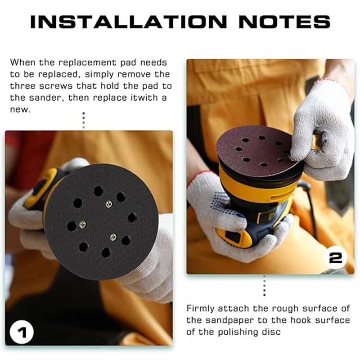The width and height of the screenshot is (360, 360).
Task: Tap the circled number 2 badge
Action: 336,258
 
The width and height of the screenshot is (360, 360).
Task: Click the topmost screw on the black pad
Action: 109,204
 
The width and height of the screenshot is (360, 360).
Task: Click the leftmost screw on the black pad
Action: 82,223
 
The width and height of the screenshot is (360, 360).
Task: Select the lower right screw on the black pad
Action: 113,237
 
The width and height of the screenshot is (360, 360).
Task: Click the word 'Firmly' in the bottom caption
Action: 200,308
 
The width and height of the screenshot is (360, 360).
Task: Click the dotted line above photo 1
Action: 83,120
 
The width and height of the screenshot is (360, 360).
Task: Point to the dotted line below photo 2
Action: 264,286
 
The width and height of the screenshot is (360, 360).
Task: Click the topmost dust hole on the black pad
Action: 98,191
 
